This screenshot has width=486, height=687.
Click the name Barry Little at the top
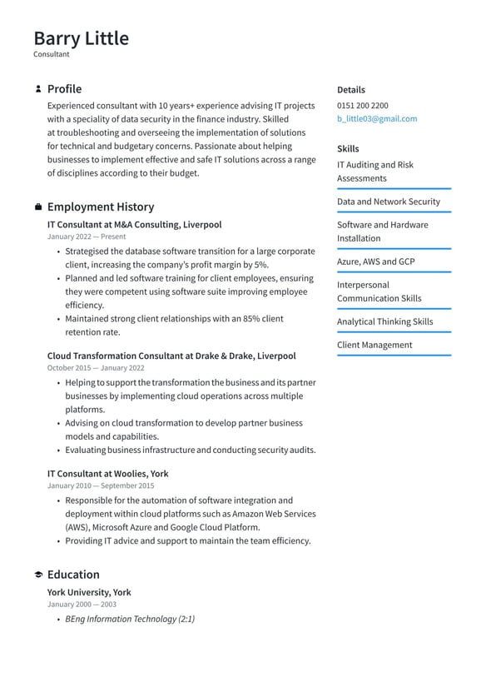pyautogui.click(x=81, y=38)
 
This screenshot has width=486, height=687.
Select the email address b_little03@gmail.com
pyautogui.click(x=377, y=119)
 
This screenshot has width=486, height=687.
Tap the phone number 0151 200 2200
pyautogui.click(x=362, y=106)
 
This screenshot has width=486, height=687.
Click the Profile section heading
pyautogui.click(x=64, y=89)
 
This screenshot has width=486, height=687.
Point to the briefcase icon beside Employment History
pyautogui.click(x=38, y=207)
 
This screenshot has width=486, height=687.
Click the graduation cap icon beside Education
pyautogui.click(x=38, y=575)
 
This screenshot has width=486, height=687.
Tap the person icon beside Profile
pyautogui.click(x=38, y=89)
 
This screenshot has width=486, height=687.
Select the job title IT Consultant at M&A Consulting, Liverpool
pyautogui.click(x=134, y=225)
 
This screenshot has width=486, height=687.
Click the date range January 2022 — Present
pyautogui.click(x=87, y=236)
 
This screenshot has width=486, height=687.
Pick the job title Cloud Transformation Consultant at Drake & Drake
pyautogui.click(x=171, y=356)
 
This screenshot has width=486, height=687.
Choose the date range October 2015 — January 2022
pyautogui.click(x=96, y=368)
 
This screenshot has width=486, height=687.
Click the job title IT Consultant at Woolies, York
pyautogui.click(x=107, y=474)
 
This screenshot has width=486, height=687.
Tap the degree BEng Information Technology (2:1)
pyautogui.click(x=130, y=620)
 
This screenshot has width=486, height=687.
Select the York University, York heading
pyautogui.click(x=89, y=593)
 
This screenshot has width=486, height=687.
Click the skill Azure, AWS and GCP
pyautogui.click(x=375, y=261)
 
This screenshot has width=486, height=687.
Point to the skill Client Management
pyautogui.click(x=374, y=345)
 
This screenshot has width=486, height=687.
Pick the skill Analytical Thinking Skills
pyautogui.click(x=384, y=321)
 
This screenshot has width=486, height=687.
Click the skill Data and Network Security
pyautogui.click(x=389, y=202)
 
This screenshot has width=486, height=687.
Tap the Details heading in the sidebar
pyautogui.click(x=350, y=90)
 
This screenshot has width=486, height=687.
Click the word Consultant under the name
pyautogui.click(x=52, y=54)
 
